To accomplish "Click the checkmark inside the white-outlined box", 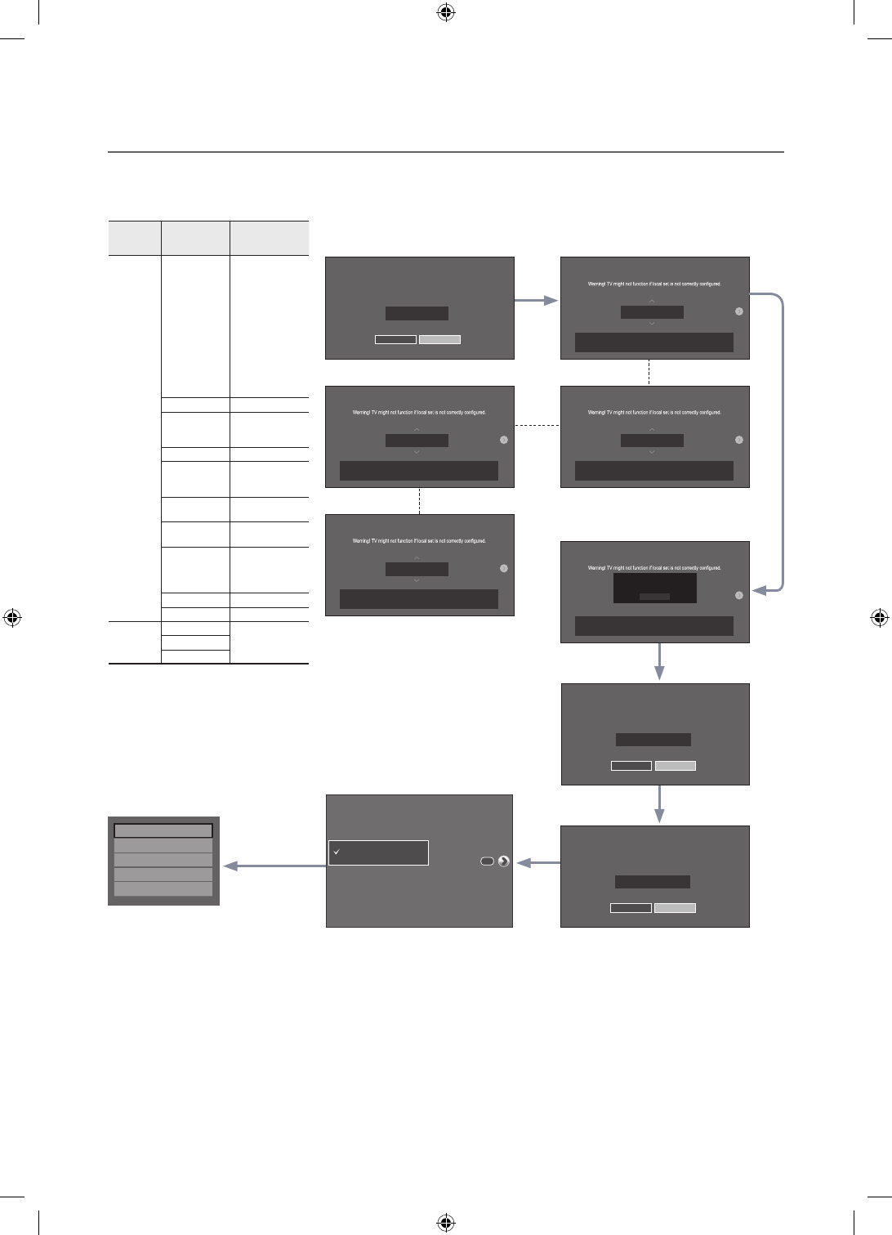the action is (336, 852).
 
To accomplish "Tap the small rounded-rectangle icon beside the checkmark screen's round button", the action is (488, 861).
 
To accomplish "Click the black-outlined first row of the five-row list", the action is (163, 830).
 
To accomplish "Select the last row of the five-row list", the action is (163, 889).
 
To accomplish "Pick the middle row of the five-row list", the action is (163, 860).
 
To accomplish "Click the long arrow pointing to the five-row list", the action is (274, 866).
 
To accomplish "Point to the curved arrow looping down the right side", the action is (780, 441).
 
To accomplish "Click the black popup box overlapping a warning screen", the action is (655, 588).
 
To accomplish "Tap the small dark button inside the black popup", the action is (654, 597).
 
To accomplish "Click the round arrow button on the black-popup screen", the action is (739, 595).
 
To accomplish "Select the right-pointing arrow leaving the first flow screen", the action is (537, 302).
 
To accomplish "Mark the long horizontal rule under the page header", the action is (446, 152).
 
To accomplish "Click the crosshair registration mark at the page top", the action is (445, 12).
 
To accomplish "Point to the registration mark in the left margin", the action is (12, 617).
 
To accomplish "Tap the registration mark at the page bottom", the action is (445, 1223).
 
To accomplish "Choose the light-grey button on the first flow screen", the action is (439, 339).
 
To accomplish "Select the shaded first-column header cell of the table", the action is (135, 238).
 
